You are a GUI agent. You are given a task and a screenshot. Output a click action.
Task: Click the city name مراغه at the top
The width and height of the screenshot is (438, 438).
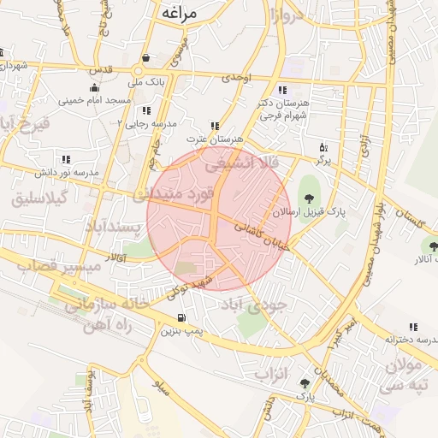coord(178,13)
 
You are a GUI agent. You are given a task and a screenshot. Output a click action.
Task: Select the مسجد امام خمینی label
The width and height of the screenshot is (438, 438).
coord(94,101)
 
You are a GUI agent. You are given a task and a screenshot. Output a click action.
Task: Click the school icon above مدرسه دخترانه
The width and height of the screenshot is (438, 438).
coord(413,327)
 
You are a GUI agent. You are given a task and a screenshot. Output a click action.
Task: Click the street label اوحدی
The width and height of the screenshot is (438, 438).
coord(236,78)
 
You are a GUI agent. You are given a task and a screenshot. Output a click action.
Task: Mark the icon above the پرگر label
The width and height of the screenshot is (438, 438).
coord(323,147)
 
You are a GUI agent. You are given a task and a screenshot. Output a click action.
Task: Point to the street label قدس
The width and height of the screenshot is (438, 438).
coord(102,69)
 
